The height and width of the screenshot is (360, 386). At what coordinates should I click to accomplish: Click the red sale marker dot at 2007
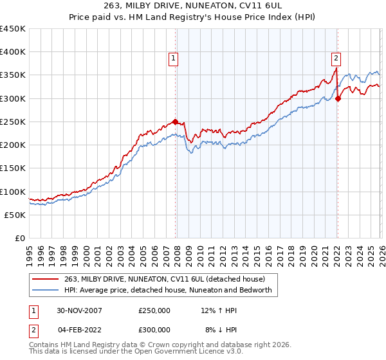pyautogui.click(x=176, y=122)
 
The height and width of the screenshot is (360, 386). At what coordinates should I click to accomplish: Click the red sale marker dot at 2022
pyautogui.click(x=338, y=98)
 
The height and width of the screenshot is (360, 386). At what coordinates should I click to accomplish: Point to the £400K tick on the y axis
pyautogui.click(x=13, y=52)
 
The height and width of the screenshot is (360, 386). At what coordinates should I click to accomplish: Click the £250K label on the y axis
pyautogui.click(x=13, y=122)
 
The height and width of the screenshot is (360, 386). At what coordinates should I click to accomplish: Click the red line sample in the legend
pyautogui.click(x=46, y=279)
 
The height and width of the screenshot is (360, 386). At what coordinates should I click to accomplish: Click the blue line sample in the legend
pyautogui.click(x=46, y=290)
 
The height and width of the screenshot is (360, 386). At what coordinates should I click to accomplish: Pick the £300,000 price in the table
pyautogui.click(x=154, y=330)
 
